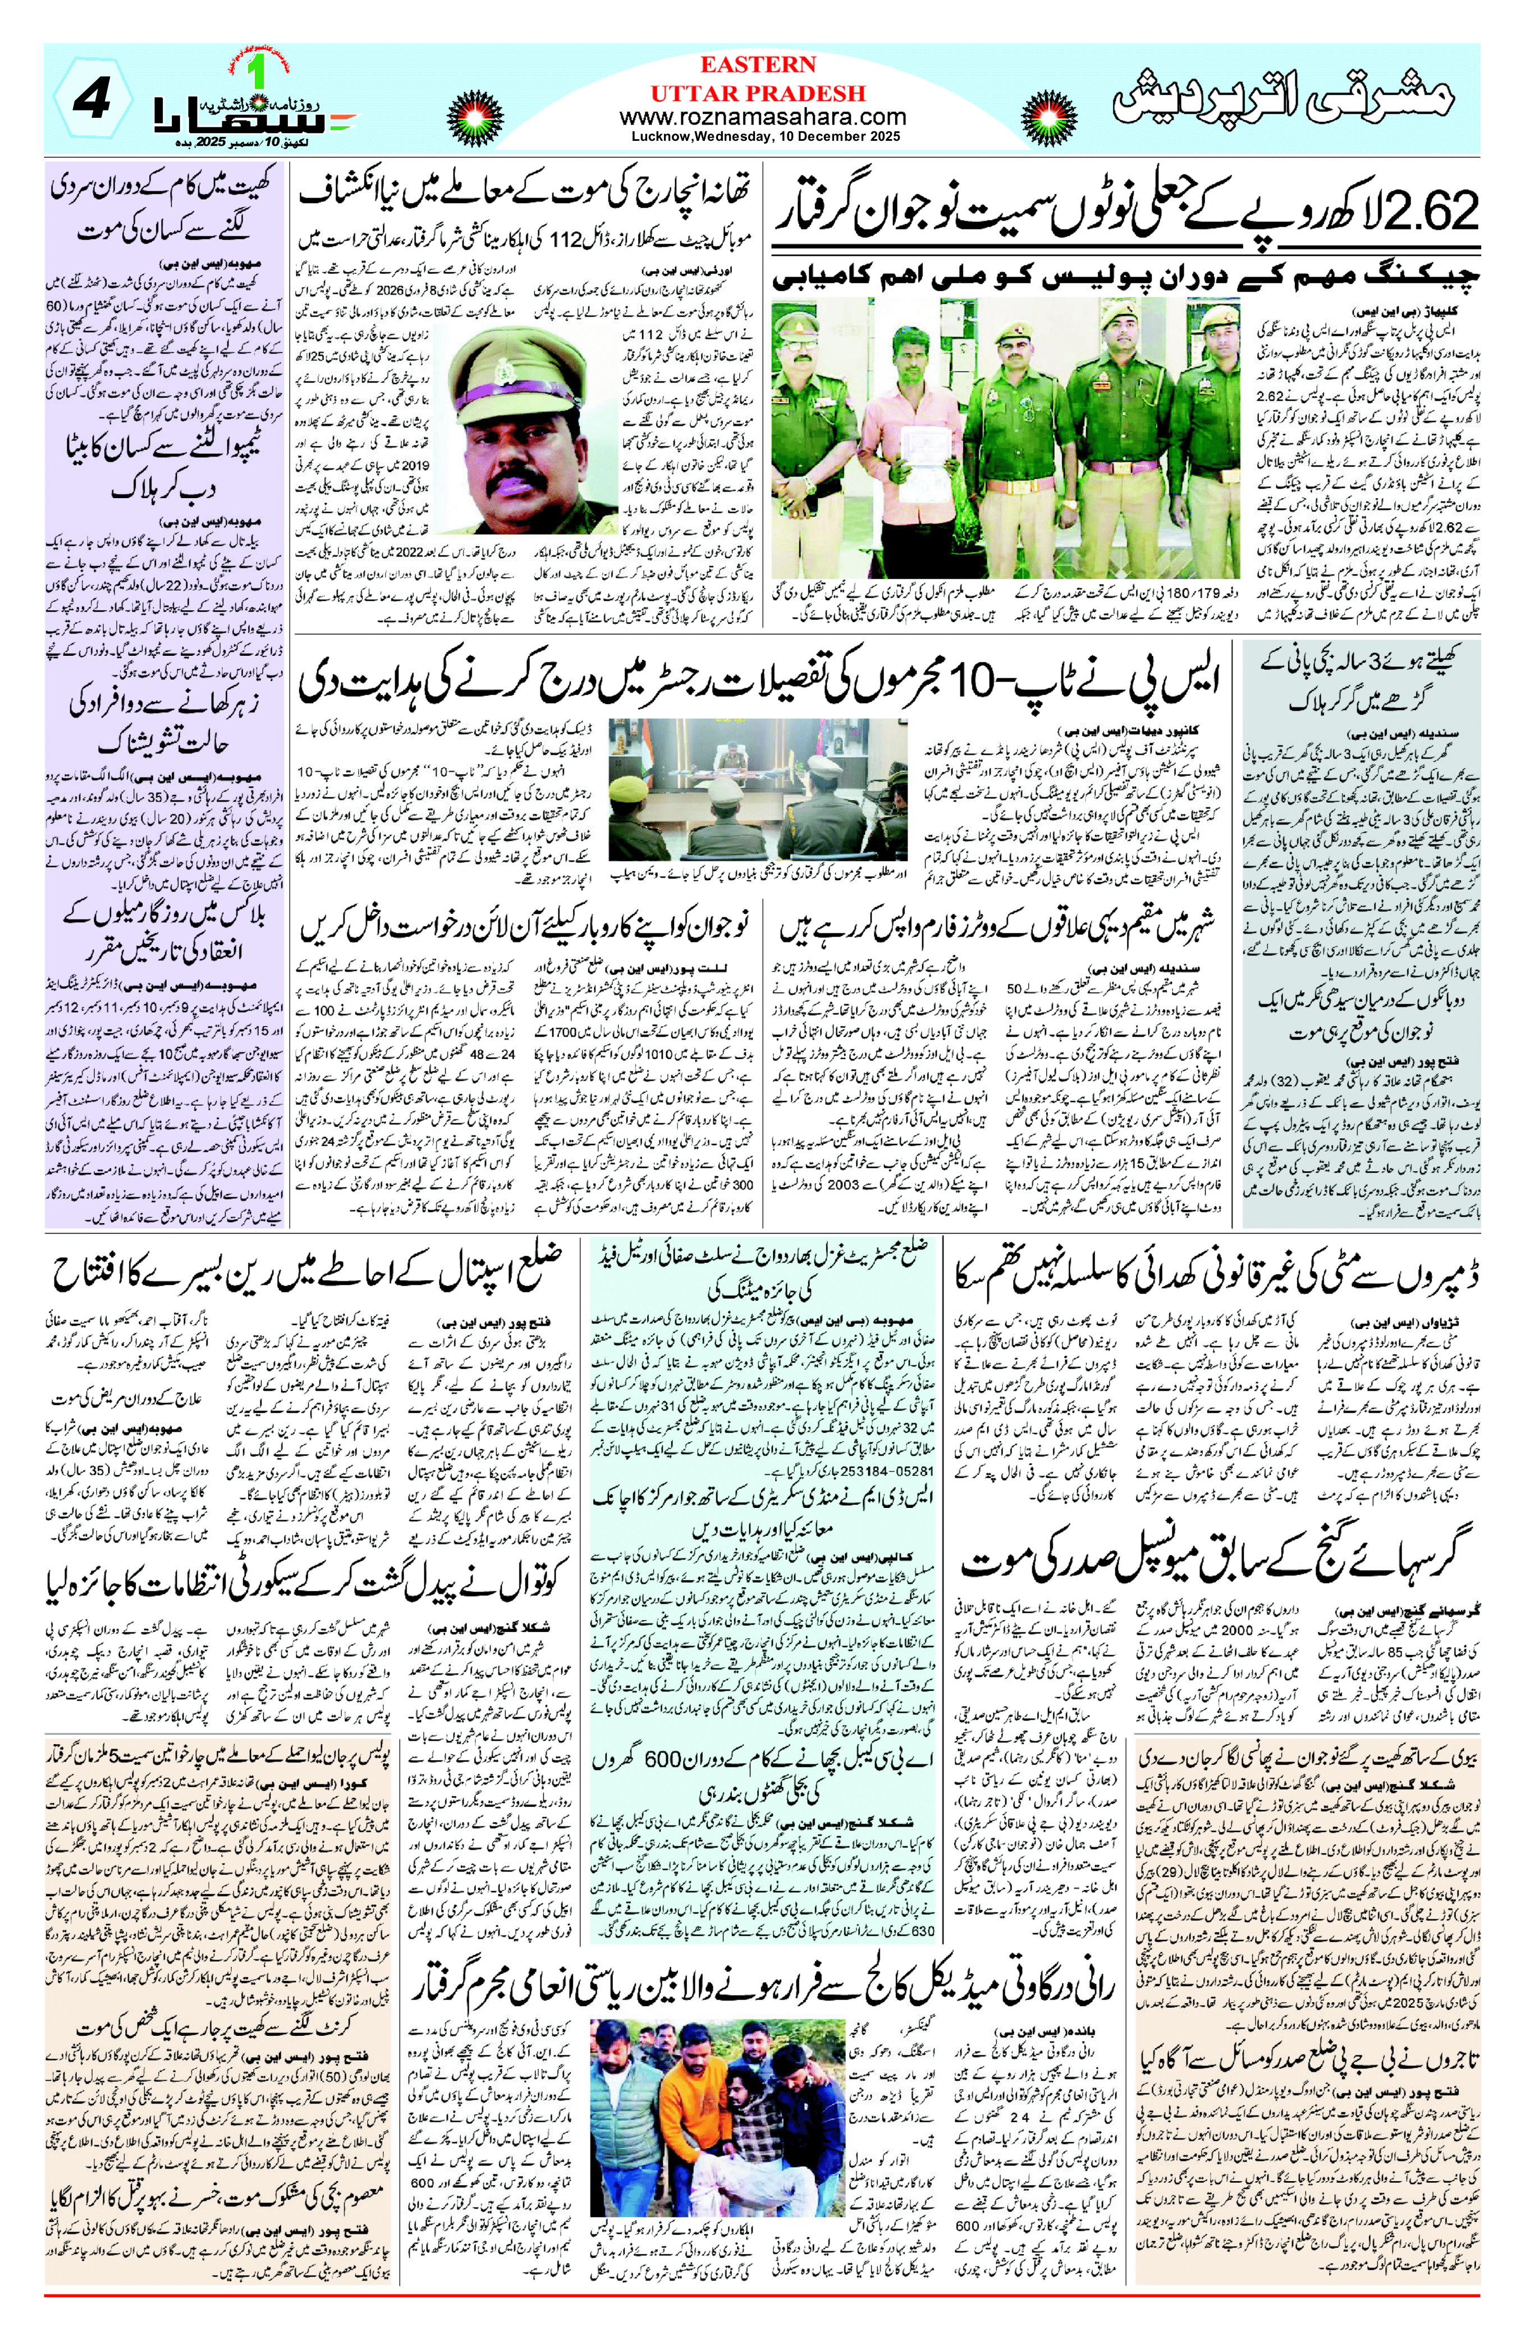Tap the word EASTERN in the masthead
point(758,65)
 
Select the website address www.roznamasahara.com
point(762,117)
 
